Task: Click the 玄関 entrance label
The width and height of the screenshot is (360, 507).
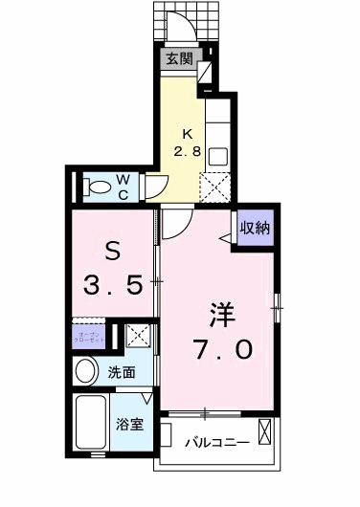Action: (179, 58)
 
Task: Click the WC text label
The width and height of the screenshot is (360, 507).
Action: (125, 184)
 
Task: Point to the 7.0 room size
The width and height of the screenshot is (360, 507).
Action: (226, 350)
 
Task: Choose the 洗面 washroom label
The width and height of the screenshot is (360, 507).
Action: (120, 373)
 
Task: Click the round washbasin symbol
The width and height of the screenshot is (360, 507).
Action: (86, 372)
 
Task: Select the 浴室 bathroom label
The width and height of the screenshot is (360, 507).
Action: (130, 424)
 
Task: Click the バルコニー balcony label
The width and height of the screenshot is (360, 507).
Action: (217, 443)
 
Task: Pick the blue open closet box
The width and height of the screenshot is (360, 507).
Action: (90, 337)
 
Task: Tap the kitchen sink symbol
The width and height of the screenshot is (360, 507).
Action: (216, 154)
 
